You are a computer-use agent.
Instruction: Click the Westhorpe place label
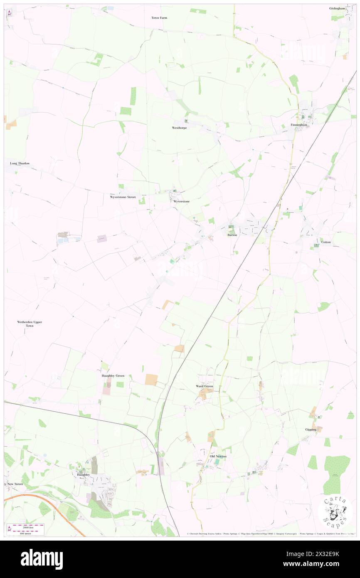[x=180, y=128]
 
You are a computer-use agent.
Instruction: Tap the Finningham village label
[x=299, y=125]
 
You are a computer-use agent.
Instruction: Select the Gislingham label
[x=338, y=8]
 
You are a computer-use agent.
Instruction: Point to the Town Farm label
[x=159, y=18]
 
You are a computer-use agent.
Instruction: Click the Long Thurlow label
[x=20, y=163]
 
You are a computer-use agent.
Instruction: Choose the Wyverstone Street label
[x=123, y=197]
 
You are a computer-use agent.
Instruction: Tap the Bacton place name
[x=232, y=235]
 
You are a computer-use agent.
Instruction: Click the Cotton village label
[x=326, y=242]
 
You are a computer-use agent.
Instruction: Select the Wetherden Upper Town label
[x=30, y=324]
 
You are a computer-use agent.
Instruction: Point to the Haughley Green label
[x=113, y=376]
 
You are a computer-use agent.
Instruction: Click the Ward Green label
[x=205, y=386]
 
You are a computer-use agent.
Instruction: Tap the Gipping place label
[x=311, y=430]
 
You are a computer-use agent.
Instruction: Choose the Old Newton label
[x=218, y=456]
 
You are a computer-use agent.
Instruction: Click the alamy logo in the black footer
[x=42, y=559]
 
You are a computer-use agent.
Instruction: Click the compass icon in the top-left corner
[x=9, y=13]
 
